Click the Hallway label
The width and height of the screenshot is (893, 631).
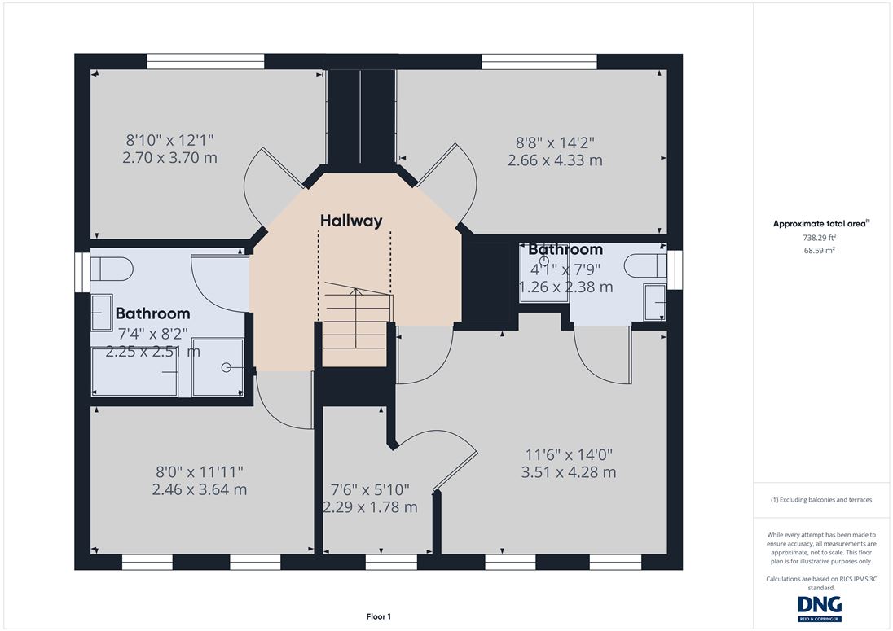pos(351,221)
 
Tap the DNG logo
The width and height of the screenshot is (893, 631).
pos(820,608)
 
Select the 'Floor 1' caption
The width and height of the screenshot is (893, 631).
pos(379,616)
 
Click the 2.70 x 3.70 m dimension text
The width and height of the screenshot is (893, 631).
pos(169,158)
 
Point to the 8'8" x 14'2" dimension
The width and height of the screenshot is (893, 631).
pos(556,142)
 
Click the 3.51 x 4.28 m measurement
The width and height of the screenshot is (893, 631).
pos(569,472)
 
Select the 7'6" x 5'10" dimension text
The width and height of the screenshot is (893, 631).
pos(370,489)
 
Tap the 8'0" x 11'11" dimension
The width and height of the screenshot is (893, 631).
pos(200,471)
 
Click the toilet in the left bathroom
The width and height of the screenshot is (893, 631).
pos(112,269)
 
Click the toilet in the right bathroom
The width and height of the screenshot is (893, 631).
pos(645,265)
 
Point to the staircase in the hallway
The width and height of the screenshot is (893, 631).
pos(355,324)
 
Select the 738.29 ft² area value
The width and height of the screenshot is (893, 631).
pos(819,238)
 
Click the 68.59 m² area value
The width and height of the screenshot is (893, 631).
pos(820,250)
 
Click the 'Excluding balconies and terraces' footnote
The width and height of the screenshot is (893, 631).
pos(821,500)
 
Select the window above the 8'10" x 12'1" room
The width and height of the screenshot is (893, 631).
pos(205,61)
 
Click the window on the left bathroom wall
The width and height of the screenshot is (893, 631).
pos(82,272)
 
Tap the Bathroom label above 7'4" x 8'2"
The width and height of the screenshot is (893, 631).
pos(152,313)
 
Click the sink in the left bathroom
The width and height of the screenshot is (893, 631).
pos(102,313)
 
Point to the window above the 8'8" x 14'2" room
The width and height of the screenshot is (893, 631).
pos(539,61)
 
